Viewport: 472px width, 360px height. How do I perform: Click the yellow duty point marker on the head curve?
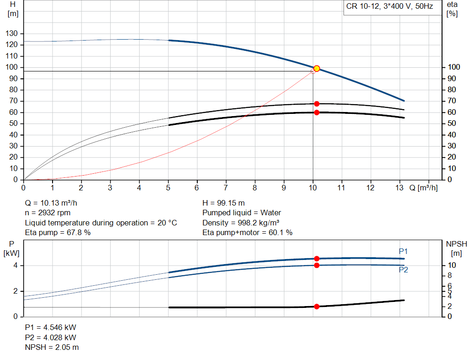317,69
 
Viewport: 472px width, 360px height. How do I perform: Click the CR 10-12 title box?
389,7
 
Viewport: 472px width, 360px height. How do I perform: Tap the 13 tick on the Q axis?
400,188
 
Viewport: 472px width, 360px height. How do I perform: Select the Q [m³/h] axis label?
423,188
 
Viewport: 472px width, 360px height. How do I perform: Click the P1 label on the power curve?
403,251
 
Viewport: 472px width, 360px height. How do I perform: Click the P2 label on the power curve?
403,270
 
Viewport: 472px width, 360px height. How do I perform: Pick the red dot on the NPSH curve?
317,307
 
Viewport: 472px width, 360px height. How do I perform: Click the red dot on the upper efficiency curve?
317,104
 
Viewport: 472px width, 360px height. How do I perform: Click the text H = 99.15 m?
224,203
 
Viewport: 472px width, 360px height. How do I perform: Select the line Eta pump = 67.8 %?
58,233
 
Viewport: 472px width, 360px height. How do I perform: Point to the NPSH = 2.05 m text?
52,347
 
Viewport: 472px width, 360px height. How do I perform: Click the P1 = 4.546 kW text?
50,327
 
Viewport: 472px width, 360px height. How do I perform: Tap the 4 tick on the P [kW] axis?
15,266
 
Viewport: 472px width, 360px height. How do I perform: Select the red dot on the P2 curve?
317,265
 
